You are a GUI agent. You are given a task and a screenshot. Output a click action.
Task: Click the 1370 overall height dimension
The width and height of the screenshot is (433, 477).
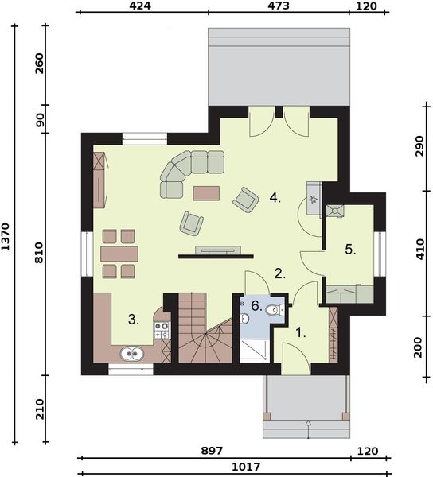point(6,236)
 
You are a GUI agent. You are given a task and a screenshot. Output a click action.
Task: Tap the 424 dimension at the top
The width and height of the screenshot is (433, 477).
point(140,6)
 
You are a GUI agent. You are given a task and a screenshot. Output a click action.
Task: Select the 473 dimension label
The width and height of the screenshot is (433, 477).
point(279,6)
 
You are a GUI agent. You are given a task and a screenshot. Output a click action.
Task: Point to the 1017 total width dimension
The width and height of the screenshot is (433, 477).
point(246,467)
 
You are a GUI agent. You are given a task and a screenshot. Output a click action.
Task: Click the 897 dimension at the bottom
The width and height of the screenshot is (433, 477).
point(212,451)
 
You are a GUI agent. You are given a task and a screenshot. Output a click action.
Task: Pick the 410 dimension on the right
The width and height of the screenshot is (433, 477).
point(420,250)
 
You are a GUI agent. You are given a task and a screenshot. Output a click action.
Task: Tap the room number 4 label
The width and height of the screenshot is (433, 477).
point(275,198)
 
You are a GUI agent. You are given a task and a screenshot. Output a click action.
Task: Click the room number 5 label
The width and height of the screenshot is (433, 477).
point(350,250)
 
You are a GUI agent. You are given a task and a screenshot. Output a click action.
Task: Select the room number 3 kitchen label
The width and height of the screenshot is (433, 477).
point(134,320)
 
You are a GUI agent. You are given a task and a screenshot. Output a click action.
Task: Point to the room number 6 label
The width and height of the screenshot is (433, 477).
point(256,306)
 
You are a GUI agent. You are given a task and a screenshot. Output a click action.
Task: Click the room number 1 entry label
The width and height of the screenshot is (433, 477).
point(301,333)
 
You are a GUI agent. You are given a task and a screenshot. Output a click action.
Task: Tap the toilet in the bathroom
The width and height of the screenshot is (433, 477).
point(275,310)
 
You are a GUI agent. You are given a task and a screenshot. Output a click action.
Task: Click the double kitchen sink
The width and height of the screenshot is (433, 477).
point(132,354)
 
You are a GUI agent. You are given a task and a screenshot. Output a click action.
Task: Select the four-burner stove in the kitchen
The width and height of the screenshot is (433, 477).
point(162,331)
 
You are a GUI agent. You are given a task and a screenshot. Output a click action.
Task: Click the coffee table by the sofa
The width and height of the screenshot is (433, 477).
point(206,193)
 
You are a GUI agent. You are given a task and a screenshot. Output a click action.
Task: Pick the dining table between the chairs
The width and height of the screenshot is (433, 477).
point(119,254)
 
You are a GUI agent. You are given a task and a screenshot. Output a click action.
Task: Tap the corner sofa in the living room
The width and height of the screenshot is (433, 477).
point(189,170)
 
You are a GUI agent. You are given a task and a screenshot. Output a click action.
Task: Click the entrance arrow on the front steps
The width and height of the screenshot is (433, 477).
point(308,429)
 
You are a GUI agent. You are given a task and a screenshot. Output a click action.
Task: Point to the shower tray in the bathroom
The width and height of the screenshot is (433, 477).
point(255,351)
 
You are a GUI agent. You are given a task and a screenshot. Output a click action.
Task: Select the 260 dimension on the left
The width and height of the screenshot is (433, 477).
point(40,64)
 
